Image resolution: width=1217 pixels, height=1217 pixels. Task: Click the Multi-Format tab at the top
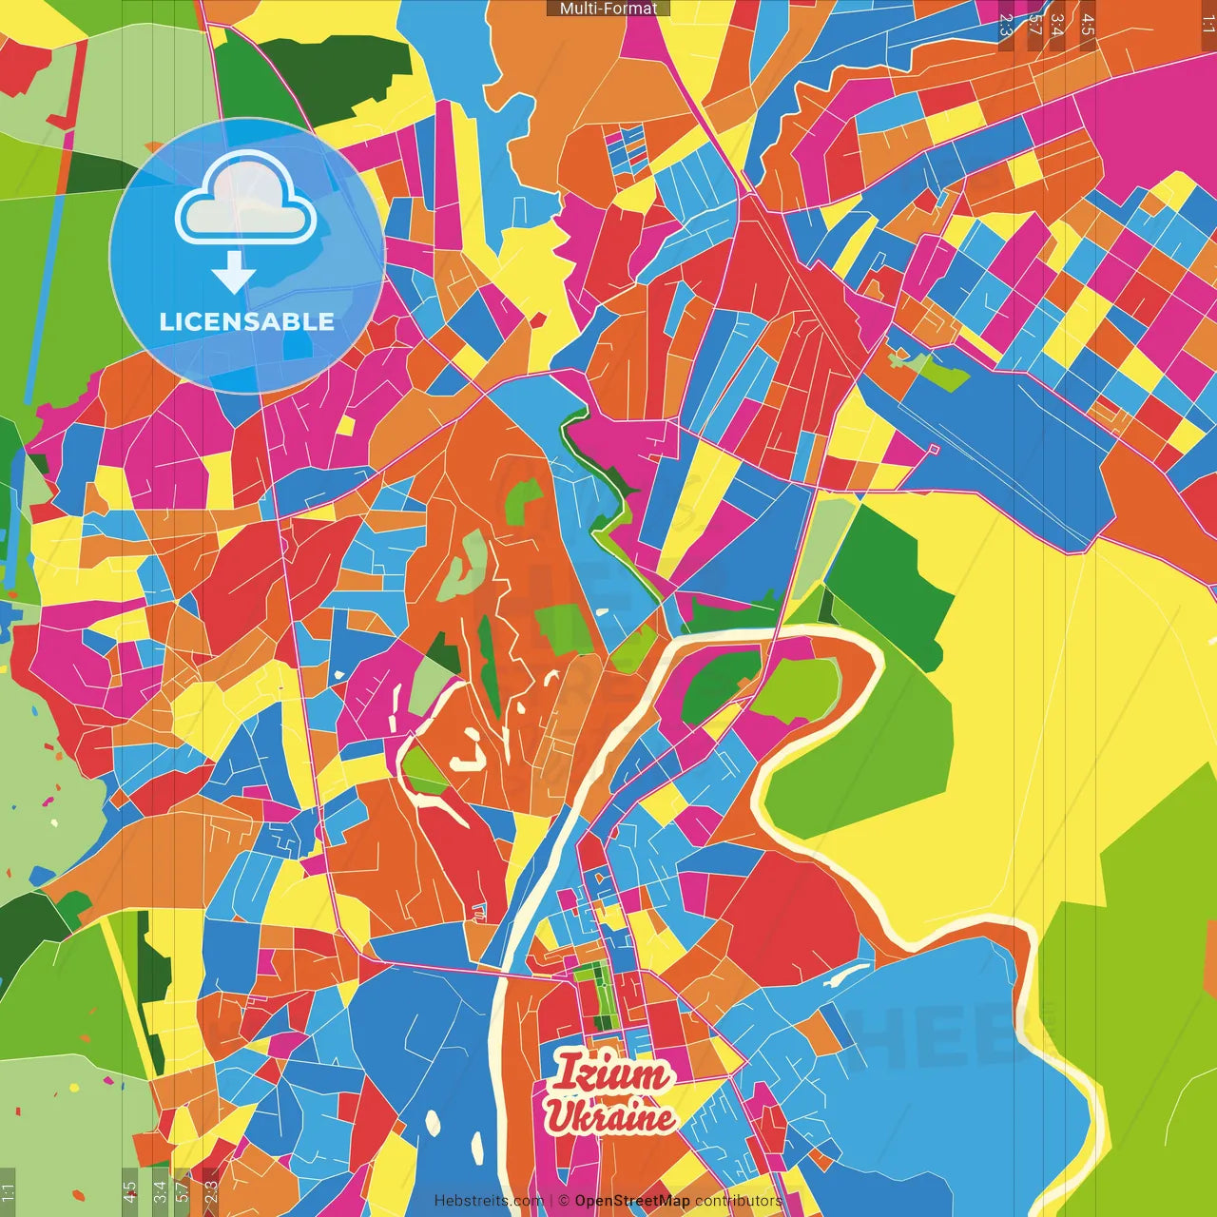[608, 9]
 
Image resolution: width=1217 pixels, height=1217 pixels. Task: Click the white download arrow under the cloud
[234, 274]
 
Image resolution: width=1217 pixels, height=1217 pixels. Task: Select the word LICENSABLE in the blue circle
[247, 321]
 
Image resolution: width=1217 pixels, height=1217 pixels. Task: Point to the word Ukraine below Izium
[610, 1118]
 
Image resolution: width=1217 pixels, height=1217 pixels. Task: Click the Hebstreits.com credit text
[489, 1201]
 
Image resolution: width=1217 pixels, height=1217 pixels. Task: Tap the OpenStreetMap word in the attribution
[632, 1201]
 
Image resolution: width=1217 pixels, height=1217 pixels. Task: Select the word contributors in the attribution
[738, 1201]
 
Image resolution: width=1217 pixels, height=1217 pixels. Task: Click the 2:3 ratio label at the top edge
[1005, 25]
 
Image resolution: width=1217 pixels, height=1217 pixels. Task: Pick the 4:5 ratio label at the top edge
[1088, 25]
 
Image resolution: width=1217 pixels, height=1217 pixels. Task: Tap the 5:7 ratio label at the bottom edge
[182, 1190]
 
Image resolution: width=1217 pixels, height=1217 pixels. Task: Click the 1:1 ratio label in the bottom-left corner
[9, 1192]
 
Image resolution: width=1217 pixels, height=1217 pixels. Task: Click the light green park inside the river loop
[799, 686]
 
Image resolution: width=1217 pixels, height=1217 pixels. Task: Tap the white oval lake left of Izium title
[434, 1122]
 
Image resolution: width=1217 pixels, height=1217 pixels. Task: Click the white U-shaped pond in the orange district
[470, 751]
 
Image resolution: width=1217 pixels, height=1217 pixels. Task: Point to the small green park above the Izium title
[596, 994]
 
